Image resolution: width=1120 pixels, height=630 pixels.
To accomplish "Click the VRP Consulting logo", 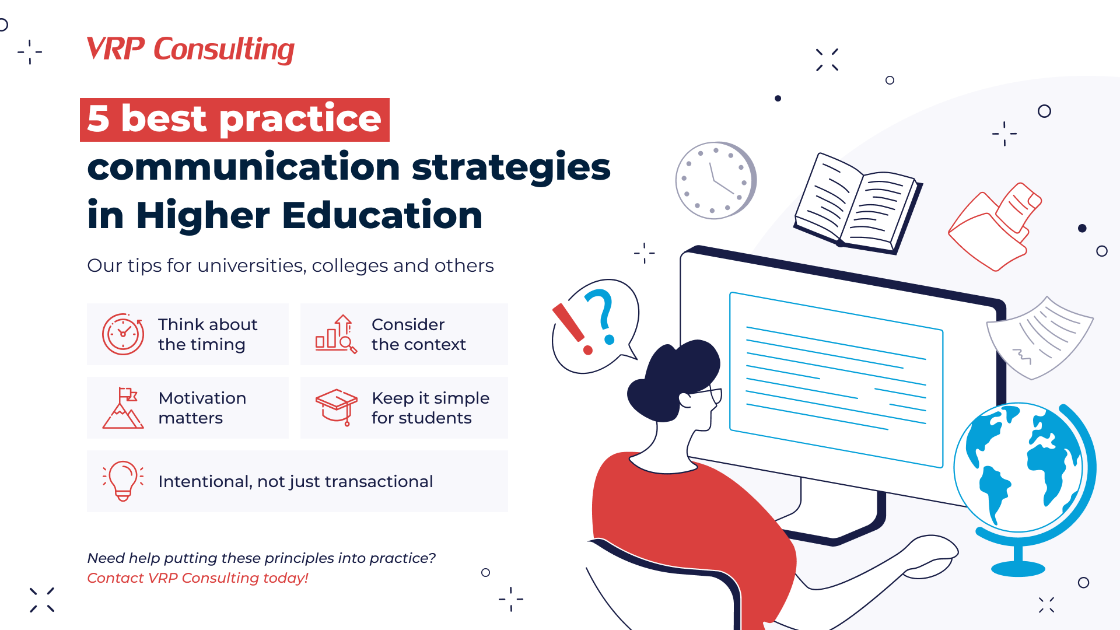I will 190,50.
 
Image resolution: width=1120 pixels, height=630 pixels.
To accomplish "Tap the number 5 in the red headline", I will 99,119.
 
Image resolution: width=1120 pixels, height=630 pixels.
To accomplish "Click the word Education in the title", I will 382,215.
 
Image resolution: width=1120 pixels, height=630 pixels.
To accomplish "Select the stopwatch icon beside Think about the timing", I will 123,334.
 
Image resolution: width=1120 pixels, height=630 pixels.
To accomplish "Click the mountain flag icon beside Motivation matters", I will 123,408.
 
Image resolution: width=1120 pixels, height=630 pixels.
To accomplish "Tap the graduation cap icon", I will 337,407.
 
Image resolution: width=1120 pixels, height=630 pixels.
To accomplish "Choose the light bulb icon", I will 123,481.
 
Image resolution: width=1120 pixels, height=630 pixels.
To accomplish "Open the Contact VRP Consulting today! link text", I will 197,578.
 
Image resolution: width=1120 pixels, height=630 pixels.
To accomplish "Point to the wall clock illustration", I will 715,180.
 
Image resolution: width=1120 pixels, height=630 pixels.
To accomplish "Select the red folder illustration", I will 994,228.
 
